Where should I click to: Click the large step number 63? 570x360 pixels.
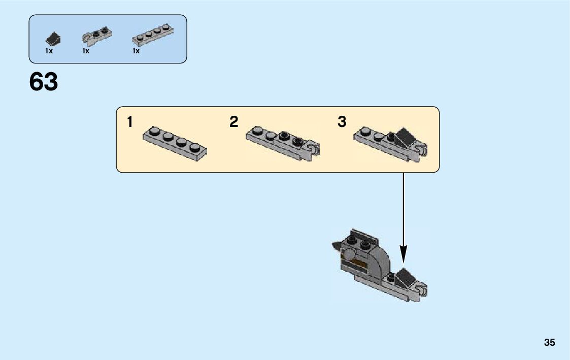coord(44,82)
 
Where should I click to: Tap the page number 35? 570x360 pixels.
coord(550,342)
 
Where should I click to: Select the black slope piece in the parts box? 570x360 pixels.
coord(53,38)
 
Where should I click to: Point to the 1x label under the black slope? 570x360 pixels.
coord(49,51)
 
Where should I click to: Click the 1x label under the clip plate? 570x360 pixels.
coord(86,51)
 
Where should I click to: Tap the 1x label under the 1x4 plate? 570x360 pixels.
coord(136,51)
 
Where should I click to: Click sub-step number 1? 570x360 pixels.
coord(130,122)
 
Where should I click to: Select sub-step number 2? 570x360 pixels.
coord(233,122)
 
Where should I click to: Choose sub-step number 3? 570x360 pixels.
coord(342,122)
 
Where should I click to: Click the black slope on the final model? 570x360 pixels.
coord(405,277)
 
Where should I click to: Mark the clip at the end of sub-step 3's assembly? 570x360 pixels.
coord(421,150)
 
